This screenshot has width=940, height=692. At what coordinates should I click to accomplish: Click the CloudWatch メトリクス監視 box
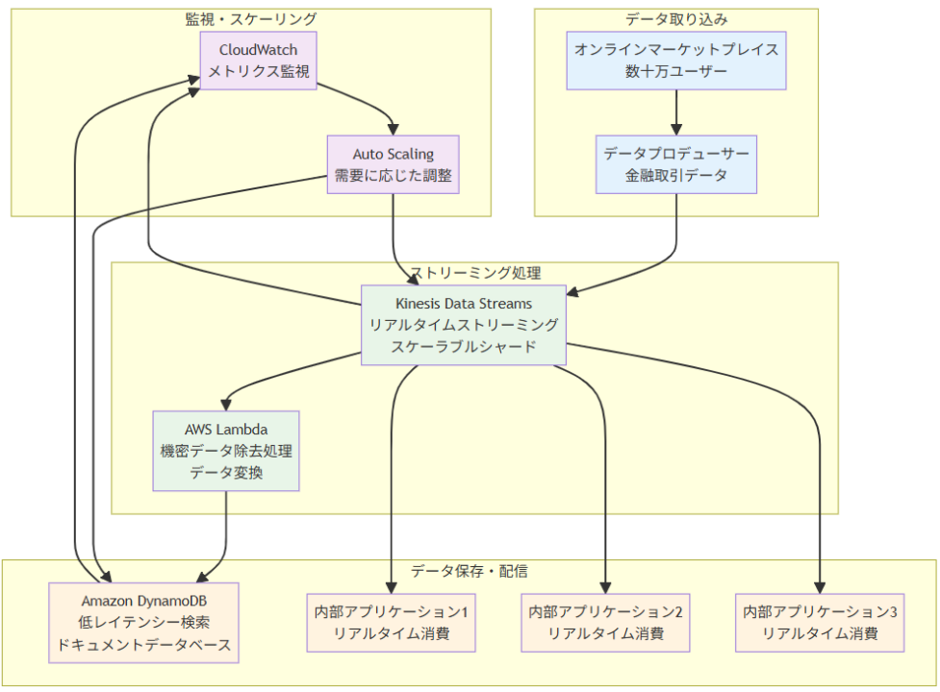(258, 61)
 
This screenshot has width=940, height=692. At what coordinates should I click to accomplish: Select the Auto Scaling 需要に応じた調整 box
(393, 164)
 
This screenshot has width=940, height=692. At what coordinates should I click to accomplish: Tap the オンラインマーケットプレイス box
(676, 61)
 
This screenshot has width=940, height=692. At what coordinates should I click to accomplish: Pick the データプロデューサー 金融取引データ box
(676, 164)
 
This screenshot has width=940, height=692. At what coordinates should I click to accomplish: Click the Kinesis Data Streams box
(464, 325)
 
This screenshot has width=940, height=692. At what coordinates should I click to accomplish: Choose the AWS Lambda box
(226, 452)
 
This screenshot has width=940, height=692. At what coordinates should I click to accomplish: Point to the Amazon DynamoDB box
(143, 623)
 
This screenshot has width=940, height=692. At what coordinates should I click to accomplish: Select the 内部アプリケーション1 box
(391, 623)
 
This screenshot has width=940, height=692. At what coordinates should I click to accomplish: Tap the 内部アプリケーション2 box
(606, 623)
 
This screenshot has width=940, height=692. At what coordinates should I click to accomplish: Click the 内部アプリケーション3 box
(821, 623)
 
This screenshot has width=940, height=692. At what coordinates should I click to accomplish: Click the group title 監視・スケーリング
(251, 19)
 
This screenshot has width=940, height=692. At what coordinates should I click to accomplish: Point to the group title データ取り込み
(676, 19)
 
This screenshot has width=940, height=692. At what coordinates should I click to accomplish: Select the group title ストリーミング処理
(475, 273)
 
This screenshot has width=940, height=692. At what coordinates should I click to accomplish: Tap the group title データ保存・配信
(469, 571)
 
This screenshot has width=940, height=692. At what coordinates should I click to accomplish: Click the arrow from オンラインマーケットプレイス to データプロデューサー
(676, 111)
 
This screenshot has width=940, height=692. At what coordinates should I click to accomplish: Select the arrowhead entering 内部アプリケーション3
(821, 587)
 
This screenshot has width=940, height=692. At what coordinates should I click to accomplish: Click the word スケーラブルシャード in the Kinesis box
(464, 347)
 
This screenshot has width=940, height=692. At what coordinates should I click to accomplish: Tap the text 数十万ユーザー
(676, 72)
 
